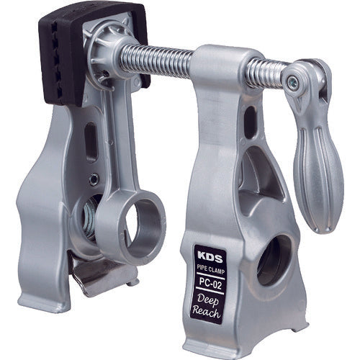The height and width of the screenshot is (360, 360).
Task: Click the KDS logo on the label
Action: pyautogui.click(x=204, y=254)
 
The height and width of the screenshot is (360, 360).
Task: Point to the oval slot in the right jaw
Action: pyautogui.click(x=249, y=122)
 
